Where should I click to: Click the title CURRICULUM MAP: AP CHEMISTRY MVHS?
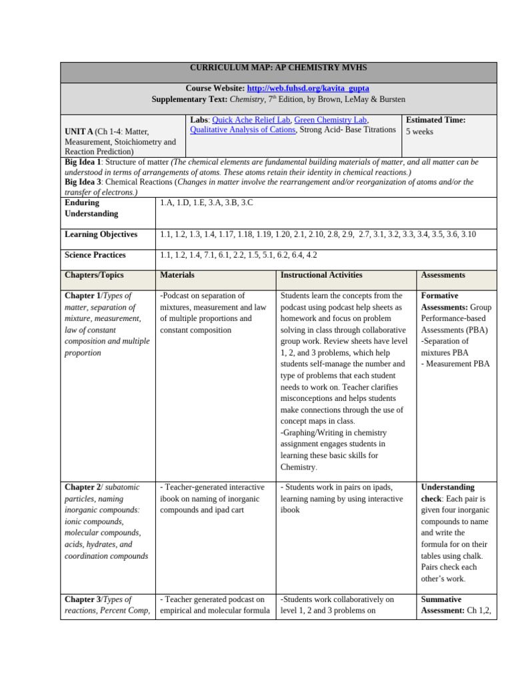click(x=278, y=68)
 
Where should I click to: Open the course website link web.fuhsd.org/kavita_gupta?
click(x=308, y=88)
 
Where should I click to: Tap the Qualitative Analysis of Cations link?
click(x=243, y=130)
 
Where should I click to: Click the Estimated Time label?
click(x=436, y=120)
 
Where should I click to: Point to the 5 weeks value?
click(x=419, y=131)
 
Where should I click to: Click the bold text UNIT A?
click(x=79, y=131)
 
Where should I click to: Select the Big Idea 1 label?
click(x=83, y=162)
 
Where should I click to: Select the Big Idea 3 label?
click(x=83, y=182)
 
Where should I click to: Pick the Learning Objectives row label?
click(x=101, y=234)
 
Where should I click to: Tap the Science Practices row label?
click(x=95, y=255)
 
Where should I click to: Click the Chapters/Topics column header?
click(x=94, y=275)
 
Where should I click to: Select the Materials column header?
click(x=177, y=275)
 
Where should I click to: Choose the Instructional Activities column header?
click(x=321, y=275)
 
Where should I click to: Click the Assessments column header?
click(x=443, y=275)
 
